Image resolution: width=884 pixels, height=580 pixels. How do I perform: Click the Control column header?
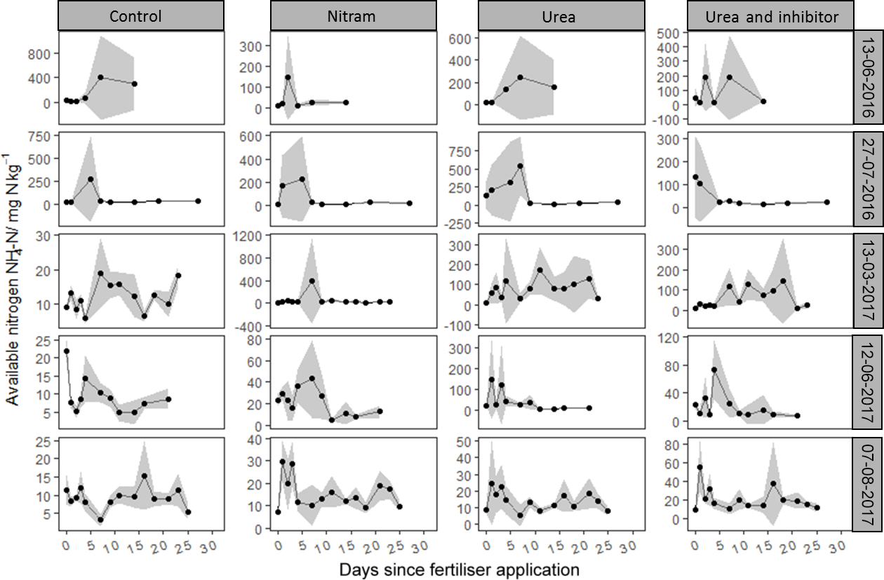point(141,16)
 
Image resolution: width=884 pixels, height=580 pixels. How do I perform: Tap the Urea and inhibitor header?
point(770,16)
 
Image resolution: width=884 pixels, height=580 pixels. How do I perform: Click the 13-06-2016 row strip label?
point(868,79)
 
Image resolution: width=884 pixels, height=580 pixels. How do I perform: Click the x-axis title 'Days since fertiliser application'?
point(460,569)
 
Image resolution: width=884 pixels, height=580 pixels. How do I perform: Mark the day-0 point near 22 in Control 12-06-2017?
point(67,351)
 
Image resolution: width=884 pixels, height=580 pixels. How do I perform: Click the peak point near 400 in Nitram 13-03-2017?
point(312,281)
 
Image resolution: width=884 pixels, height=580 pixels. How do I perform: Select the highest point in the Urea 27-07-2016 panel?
point(521,166)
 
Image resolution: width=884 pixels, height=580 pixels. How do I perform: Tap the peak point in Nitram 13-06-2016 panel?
point(288,77)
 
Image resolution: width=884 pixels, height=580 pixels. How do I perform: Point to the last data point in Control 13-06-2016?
point(135,83)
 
